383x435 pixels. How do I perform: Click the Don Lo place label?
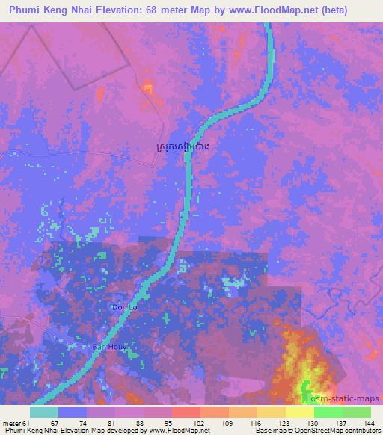point(124,307)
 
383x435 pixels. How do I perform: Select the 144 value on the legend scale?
point(371,423)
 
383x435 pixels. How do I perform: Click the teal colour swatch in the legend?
point(44,412)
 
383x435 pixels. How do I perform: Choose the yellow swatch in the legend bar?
point(300,412)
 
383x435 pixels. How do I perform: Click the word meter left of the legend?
point(12,423)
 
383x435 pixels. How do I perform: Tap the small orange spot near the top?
point(149,89)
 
